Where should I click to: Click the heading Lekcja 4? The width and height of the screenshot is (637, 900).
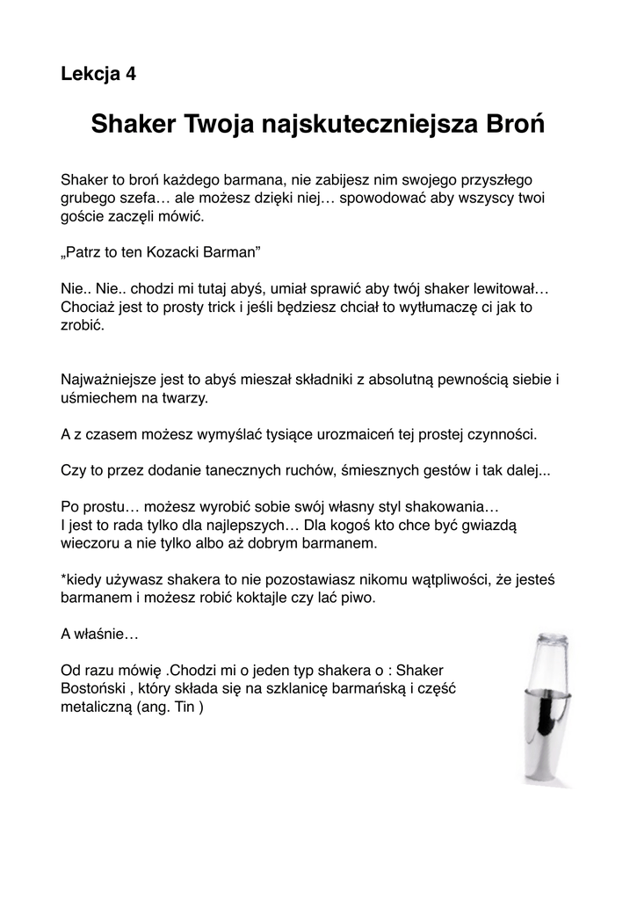[98, 74]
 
